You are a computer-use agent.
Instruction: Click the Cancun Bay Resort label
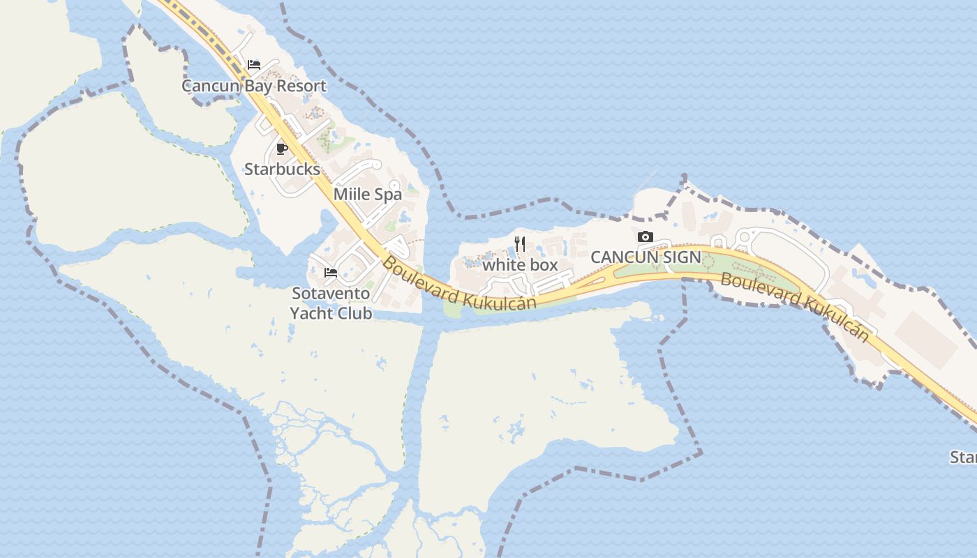point(254,86)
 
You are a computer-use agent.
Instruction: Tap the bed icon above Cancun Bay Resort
point(254,65)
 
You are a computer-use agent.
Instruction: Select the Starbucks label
point(282,169)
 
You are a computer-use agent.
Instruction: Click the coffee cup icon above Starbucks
point(282,149)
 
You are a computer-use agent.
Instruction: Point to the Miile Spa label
point(368,194)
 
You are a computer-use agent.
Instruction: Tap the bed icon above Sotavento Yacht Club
point(331,272)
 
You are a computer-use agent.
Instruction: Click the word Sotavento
point(331,293)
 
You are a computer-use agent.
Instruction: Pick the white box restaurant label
point(521,265)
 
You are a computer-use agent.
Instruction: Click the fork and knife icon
point(520,244)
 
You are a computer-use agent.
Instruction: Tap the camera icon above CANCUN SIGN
point(646,237)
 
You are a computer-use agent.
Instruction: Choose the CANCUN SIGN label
point(646,257)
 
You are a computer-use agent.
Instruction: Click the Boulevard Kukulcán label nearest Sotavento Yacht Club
point(459,286)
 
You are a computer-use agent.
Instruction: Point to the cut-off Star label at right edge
point(964,458)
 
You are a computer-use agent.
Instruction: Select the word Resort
point(301,86)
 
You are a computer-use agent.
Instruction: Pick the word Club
point(352,313)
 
